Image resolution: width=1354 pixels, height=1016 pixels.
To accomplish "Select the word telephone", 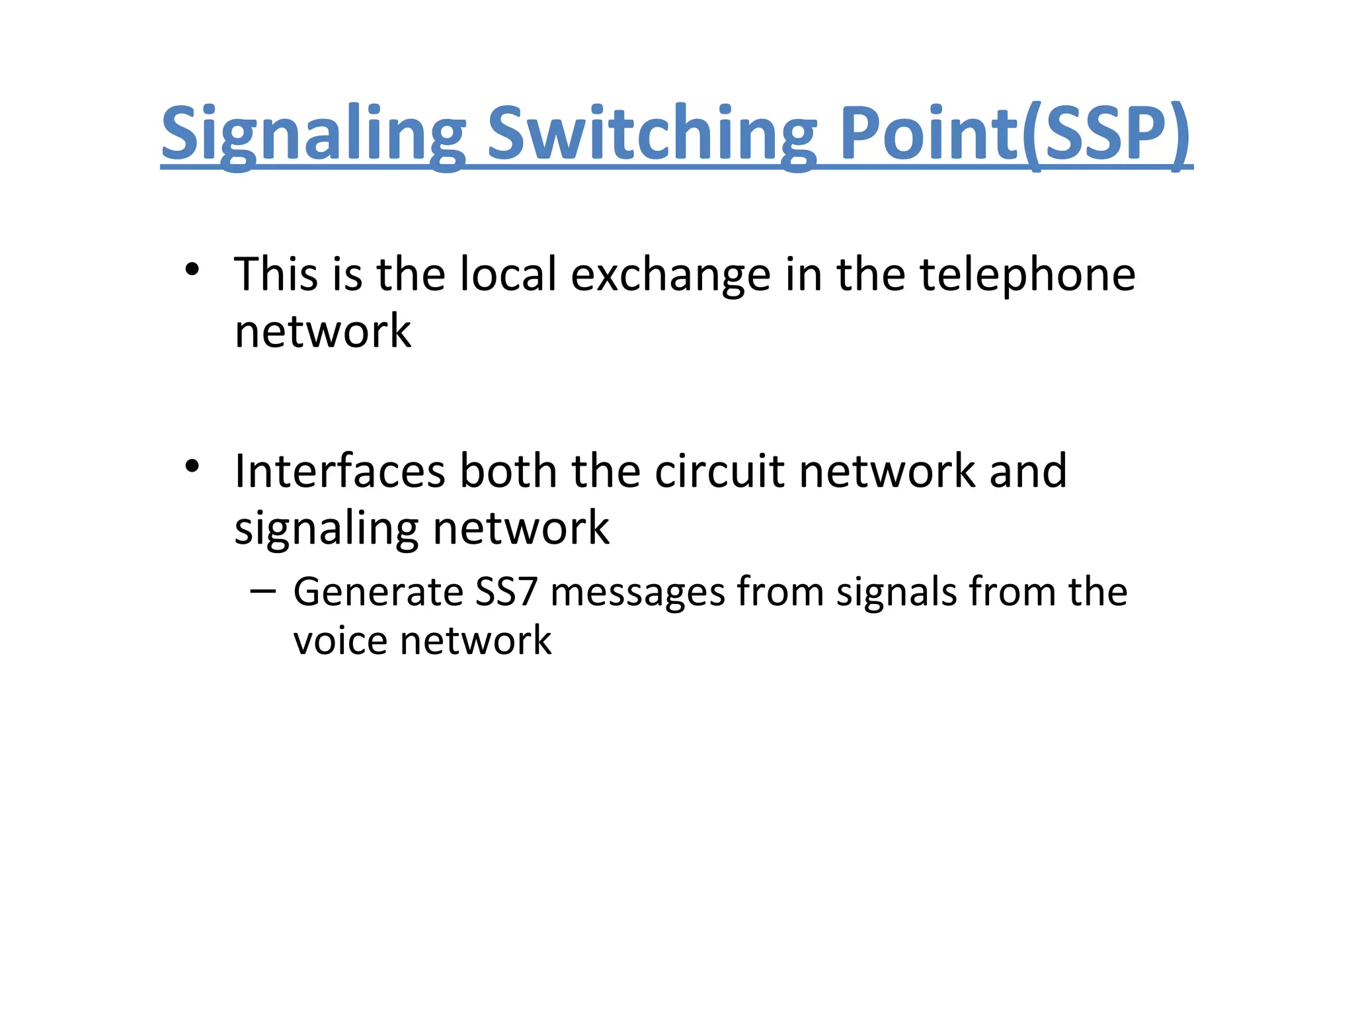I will (1027, 275).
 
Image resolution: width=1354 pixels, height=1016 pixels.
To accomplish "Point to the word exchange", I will (670, 275).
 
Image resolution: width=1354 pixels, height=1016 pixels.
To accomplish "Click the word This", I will (276, 275).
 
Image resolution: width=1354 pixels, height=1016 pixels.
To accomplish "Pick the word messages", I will (638, 593).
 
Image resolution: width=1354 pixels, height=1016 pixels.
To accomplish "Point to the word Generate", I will (378, 591).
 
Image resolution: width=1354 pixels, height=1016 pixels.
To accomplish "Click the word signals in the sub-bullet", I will (896, 593).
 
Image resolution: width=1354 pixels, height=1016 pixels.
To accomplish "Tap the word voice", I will (340, 641).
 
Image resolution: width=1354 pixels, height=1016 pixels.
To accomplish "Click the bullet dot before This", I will (192, 269).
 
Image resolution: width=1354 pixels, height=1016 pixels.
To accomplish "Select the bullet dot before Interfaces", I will (192, 466).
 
